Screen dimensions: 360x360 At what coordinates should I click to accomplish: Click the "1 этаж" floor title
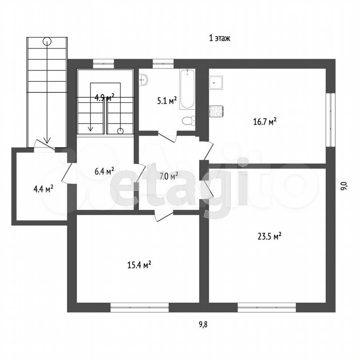pyautogui.click(x=220, y=38)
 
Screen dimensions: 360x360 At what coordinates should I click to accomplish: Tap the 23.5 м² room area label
pyautogui.click(x=269, y=236)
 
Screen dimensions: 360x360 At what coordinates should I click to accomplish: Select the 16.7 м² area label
pyautogui.click(x=265, y=121)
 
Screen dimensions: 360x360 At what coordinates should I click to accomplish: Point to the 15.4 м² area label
pyautogui.click(x=139, y=265)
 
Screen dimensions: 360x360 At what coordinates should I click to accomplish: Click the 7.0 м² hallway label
pyautogui.click(x=169, y=176)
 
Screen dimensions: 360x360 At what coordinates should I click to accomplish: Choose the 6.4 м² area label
pyautogui.click(x=104, y=171)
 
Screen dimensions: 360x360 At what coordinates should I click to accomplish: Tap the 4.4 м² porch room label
pyautogui.click(x=44, y=189)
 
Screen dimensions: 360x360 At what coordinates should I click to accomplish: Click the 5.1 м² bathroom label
pyautogui.click(x=167, y=100)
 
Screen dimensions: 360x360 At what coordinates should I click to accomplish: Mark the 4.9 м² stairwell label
pyautogui.click(x=104, y=98)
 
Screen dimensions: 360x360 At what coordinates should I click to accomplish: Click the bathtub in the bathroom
pyautogui.click(x=188, y=89)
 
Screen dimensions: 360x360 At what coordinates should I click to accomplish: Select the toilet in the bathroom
pyautogui.click(x=189, y=121)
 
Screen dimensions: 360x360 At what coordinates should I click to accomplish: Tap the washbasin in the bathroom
pyautogui.click(x=144, y=80)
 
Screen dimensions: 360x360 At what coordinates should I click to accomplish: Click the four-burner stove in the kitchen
pyautogui.click(x=216, y=112)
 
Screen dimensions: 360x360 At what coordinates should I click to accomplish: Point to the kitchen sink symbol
pyautogui.click(x=216, y=83)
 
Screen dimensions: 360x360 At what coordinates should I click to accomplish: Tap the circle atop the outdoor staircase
pyautogui.click(x=47, y=41)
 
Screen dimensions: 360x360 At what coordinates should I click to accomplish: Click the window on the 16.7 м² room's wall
pyautogui.click(x=331, y=120)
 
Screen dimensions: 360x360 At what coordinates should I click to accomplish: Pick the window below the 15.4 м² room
pyautogui.click(x=140, y=308)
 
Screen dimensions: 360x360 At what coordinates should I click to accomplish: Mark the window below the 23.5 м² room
pyautogui.click(x=267, y=308)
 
